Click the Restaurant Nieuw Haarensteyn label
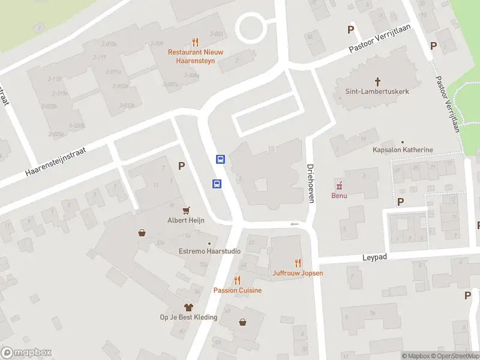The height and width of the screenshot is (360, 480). point(195,56)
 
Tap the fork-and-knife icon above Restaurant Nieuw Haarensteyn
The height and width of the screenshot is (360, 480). point(195,42)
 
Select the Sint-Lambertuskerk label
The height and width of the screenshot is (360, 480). point(377,92)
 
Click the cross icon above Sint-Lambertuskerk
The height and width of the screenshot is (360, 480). point(378,81)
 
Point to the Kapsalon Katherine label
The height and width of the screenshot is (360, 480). point(403,149)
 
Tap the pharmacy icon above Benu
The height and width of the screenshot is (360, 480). point(339,184)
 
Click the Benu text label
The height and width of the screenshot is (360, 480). point(339,196)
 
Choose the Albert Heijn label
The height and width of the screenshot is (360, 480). point(186,220)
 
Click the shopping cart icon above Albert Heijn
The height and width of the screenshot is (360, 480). point(186,209)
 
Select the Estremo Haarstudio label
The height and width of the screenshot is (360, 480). point(210,251)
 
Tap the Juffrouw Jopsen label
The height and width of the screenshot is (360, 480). point(298,273)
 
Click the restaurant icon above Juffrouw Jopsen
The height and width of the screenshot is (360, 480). point(298,263)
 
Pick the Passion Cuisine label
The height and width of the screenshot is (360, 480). point(238,290)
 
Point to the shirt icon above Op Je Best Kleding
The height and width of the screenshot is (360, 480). point(188,307)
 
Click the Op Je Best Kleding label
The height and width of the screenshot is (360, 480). point(188,317)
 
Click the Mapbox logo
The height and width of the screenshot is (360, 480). point(26,353)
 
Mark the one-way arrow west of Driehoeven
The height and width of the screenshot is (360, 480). point(294,224)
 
